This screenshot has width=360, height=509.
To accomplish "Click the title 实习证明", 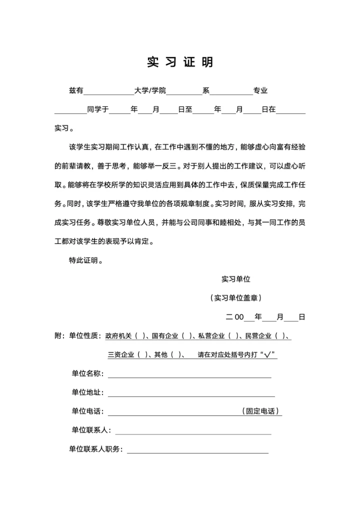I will [180, 62].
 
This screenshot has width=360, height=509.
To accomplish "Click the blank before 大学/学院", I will [108, 91].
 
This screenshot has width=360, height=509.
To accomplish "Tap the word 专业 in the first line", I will [260, 91].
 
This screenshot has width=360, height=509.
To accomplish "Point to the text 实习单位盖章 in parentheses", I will [236, 298].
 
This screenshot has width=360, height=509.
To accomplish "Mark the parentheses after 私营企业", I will [233, 336].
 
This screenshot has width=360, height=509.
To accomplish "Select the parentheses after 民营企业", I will [279, 336].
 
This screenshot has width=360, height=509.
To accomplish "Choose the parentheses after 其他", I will [175, 355].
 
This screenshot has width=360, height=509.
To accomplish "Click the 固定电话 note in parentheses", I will [260, 411].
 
